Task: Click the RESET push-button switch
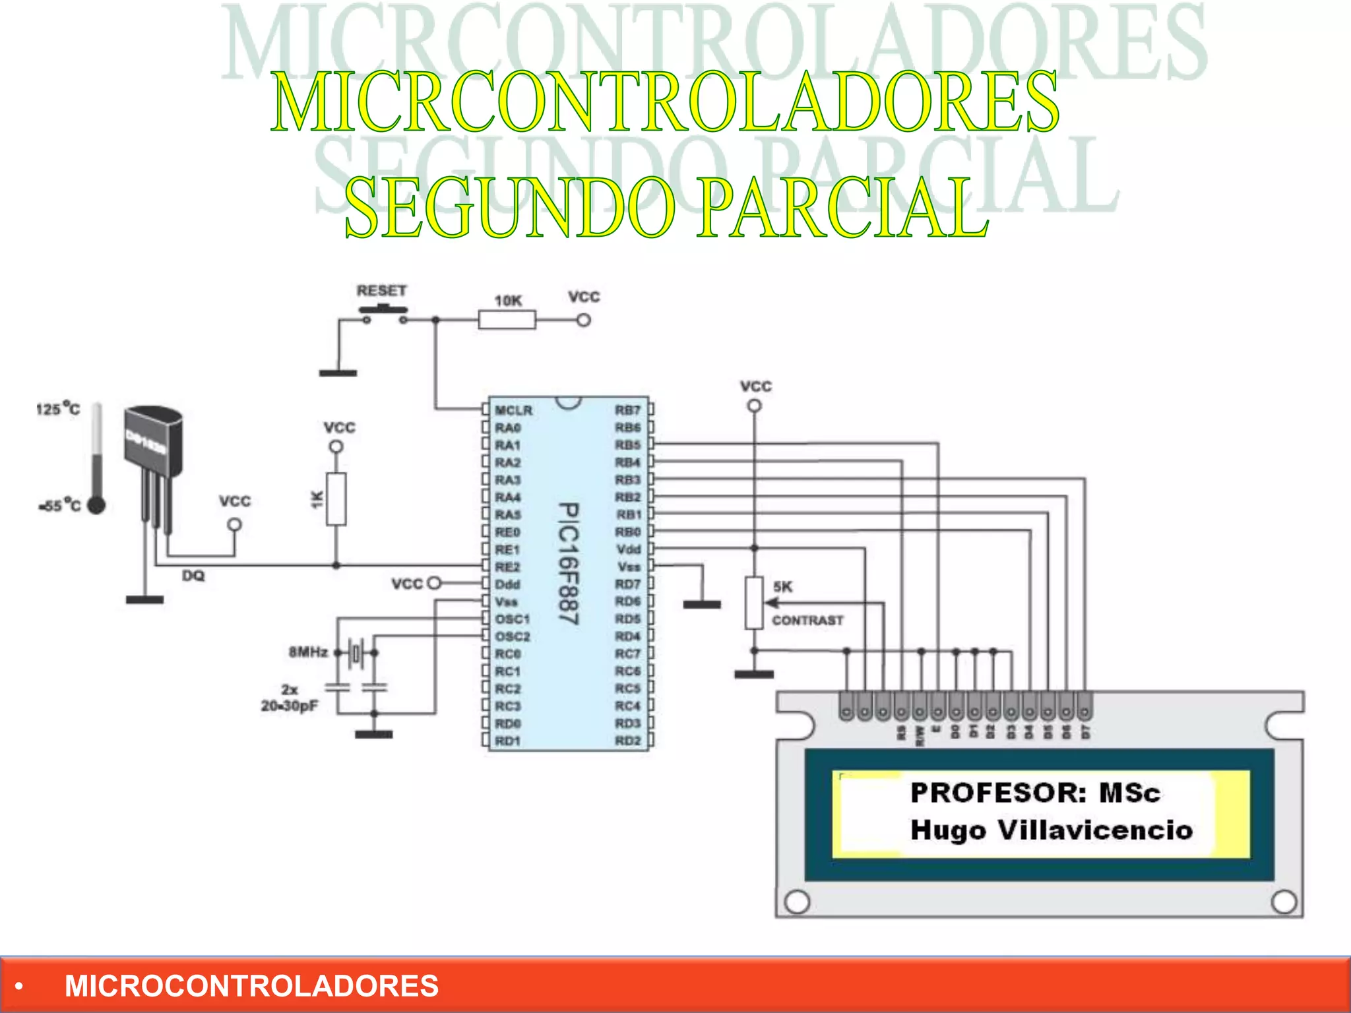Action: click(383, 310)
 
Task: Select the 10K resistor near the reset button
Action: click(507, 321)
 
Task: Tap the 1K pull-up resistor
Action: click(336, 499)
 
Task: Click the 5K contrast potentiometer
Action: click(754, 602)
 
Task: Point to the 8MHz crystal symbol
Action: click(356, 653)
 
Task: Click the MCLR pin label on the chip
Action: click(513, 410)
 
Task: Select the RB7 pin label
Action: click(627, 410)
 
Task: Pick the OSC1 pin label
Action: click(512, 619)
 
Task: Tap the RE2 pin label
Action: click(507, 567)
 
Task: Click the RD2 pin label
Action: click(627, 741)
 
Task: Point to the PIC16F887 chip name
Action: click(568, 564)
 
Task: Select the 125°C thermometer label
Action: click(58, 409)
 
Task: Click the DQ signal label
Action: click(193, 576)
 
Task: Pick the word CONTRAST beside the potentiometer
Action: click(807, 620)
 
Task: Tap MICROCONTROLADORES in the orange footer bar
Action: click(251, 986)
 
